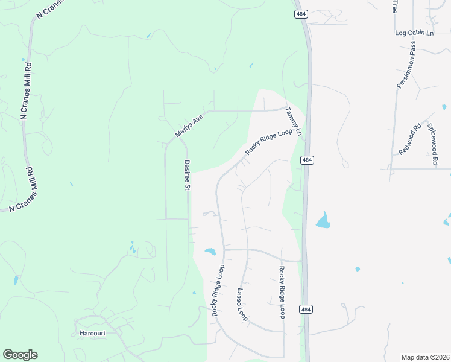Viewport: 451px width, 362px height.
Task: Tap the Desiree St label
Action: [187, 175]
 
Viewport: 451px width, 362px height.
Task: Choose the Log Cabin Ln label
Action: [414, 33]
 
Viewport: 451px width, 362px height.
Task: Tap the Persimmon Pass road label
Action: [406, 65]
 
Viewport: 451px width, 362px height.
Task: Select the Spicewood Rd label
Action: [432, 145]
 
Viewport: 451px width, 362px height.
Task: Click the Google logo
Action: [20, 354]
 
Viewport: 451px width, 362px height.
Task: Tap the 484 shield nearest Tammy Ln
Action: [307, 160]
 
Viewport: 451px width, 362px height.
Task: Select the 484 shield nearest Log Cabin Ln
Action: [300, 13]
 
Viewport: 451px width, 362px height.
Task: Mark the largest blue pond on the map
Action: [323, 221]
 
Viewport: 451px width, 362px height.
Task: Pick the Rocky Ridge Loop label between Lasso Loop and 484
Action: [282, 293]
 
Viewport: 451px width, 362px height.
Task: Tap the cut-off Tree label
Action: [395, 6]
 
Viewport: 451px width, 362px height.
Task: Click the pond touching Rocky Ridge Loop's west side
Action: [210, 252]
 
